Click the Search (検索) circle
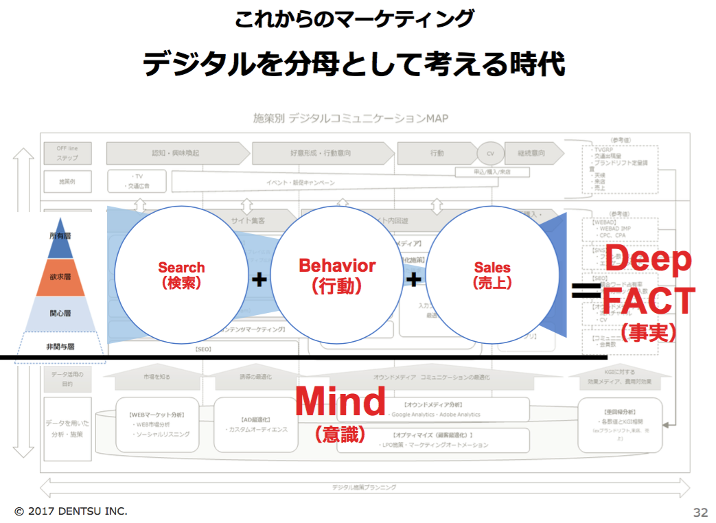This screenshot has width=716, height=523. (x=181, y=275)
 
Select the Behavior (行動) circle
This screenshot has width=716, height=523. (x=337, y=275)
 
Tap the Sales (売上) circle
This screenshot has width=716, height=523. (x=492, y=275)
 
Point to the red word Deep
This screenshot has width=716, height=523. (x=648, y=259)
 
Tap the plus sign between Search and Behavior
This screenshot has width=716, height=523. (x=259, y=279)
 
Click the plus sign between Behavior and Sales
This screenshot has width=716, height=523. (x=413, y=279)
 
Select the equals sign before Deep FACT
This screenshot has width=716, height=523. (x=586, y=293)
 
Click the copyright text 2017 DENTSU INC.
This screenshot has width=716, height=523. (x=71, y=511)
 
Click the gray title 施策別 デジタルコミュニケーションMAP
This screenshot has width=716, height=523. (x=350, y=118)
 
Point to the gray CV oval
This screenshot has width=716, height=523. (x=490, y=154)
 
